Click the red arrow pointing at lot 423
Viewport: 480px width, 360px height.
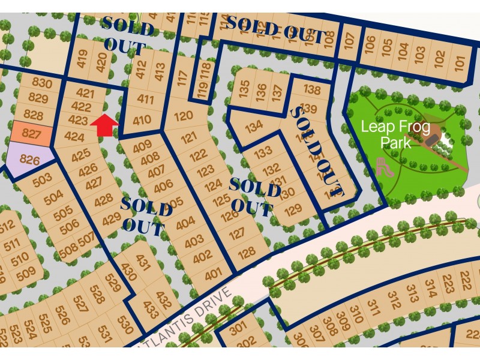point(105,124)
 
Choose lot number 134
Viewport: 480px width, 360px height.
point(254,127)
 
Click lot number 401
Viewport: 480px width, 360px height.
point(213,275)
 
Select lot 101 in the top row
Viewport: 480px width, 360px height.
point(460,61)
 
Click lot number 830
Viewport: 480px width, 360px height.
point(41,83)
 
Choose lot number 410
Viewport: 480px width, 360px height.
point(142,120)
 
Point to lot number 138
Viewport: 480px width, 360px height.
point(312,90)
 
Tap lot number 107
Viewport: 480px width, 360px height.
point(349,41)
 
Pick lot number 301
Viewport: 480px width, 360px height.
point(238,328)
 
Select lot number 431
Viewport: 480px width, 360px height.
point(143,262)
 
